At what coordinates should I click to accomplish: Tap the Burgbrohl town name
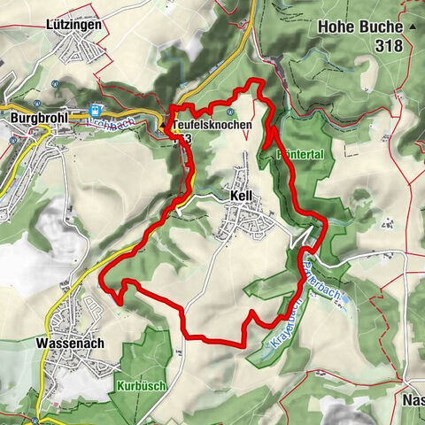[41, 116]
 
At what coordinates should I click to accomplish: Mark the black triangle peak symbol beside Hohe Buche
[413, 27]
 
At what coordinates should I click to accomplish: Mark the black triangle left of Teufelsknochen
[174, 126]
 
